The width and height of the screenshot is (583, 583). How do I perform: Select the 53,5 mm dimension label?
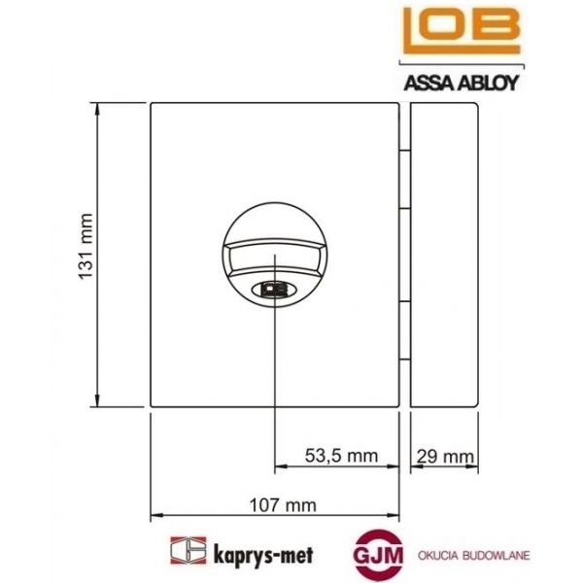pos(341,454)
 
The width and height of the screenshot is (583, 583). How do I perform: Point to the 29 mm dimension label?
pos(444,454)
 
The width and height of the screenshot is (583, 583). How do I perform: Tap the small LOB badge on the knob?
pos(274,288)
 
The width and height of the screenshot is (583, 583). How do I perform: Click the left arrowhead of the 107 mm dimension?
pos(156,515)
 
